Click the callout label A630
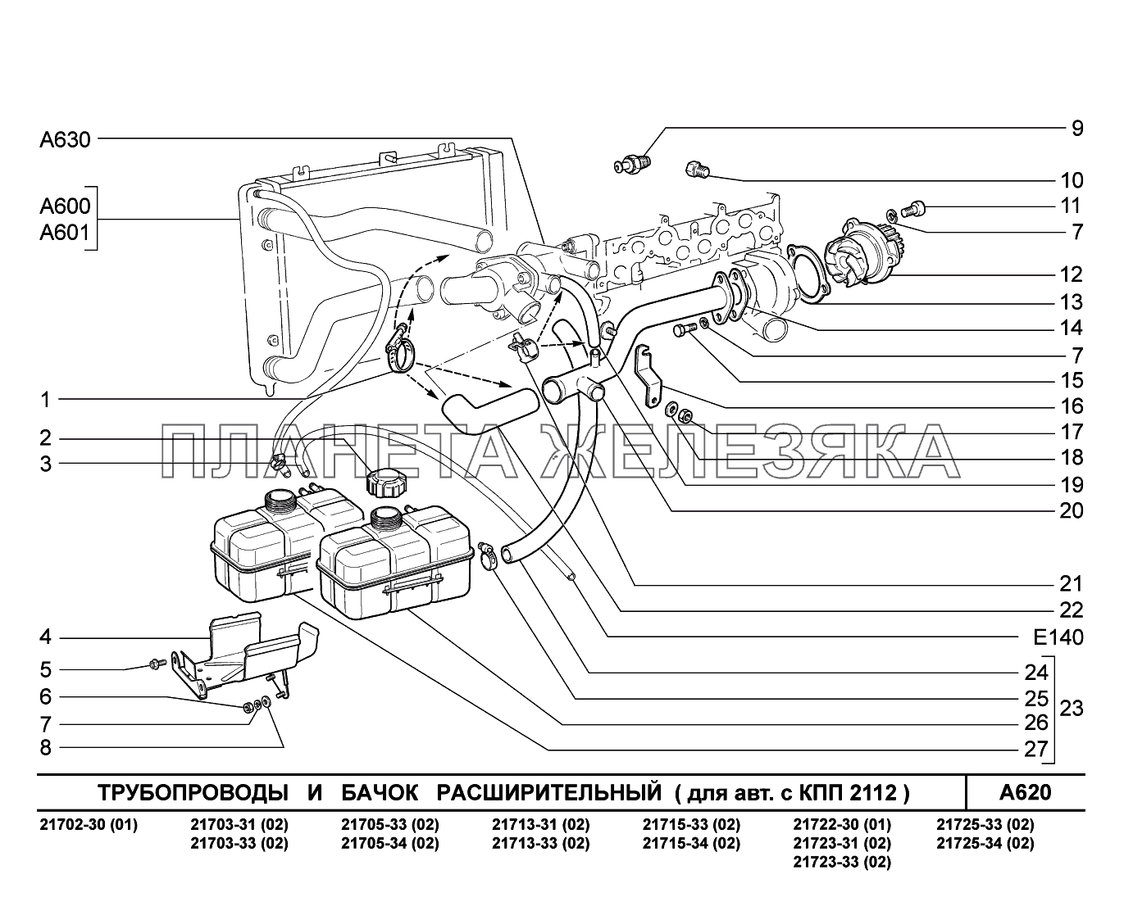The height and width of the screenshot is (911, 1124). coord(65,140)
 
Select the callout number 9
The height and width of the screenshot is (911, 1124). coord(1076,128)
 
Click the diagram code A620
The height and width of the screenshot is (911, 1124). coord(1024,793)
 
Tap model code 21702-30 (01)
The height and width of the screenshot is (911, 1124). coord(89,825)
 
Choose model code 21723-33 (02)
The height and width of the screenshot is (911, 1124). coord(842,862)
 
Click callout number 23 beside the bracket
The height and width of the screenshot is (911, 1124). coord(1072,708)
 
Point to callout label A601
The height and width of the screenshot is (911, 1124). coord(66,234)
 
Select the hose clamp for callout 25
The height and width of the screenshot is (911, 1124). coord(486,556)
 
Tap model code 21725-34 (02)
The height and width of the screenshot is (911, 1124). coord(985,843)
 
